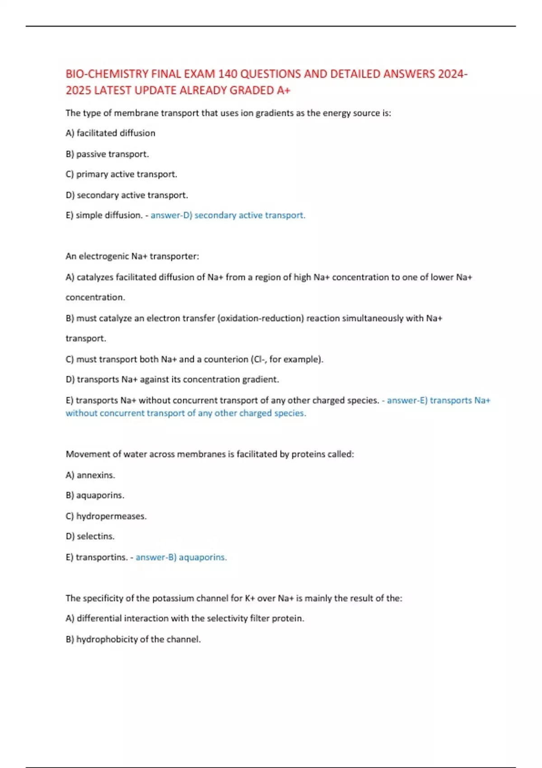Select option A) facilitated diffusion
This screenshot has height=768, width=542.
click(110, 133)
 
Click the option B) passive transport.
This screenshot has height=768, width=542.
click(107, 154)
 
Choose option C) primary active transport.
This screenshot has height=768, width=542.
click(121, 174)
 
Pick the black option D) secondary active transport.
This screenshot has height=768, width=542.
click(126, 195)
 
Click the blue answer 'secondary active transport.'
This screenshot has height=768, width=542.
click(250, 215)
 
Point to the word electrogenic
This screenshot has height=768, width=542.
click(104, 257)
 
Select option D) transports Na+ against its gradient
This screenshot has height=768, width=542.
click(172, 379)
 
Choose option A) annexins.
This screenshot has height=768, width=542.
click(90, 475)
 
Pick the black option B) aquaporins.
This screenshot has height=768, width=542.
click(95, 496)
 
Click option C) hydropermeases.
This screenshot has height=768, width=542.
click(106, 516)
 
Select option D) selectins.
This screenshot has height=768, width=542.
click(90, 537)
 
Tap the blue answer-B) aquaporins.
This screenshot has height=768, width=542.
click(181, 557)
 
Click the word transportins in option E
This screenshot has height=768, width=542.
click(101, 557)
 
